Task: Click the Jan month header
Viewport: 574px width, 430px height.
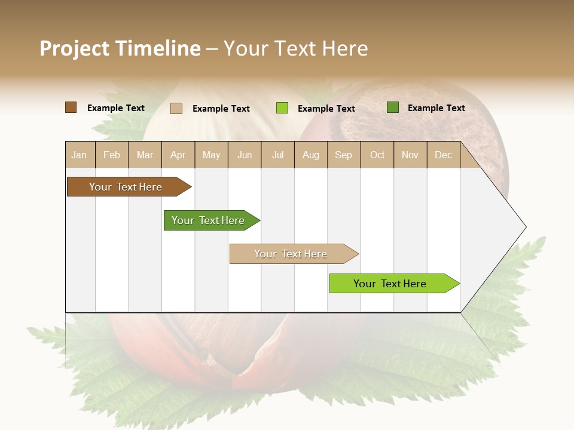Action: pos(80,155)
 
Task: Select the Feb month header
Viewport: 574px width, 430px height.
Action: pos(112,155)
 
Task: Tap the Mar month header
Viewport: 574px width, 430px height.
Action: pos(145,155)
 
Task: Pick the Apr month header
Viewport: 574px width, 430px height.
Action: pos(178,155)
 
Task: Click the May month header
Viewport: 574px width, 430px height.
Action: pos(211,155)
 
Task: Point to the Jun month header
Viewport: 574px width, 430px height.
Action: pos(245,155)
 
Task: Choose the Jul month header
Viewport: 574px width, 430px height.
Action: pos(277,155)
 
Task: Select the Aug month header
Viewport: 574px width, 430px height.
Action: pos(311,155)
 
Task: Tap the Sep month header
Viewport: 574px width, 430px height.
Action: pos(344,155)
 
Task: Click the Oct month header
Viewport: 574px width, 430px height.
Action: pos(377,155)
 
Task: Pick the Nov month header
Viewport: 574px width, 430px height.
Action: pos(410,155)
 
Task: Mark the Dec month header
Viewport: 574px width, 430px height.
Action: pos(444,155)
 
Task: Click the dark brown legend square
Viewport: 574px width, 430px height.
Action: pos(71,107)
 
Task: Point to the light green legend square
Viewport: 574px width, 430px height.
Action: pos(282,108)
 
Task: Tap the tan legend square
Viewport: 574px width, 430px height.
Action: pos(176,108)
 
